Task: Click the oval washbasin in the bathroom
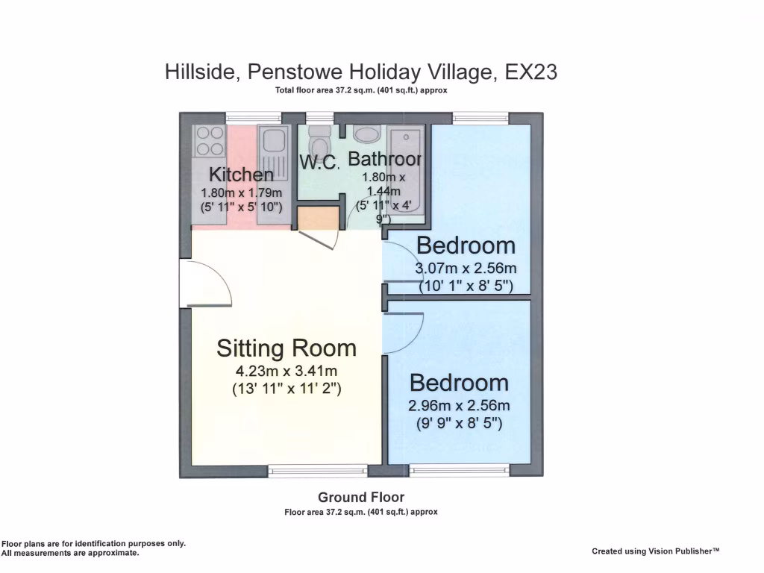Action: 366,134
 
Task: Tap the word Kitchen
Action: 241,175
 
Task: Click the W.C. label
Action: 319,162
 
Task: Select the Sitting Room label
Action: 286,348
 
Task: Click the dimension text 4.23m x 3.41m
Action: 286,371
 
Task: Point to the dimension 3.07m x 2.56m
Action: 466,269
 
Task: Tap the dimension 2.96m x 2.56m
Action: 459,406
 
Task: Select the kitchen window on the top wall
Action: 254,117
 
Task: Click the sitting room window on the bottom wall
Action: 318,470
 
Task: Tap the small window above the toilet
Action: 319,117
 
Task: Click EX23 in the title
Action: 531,72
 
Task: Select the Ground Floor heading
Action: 361,497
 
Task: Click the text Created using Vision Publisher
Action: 656,551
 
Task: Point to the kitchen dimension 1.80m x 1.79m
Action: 241,192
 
